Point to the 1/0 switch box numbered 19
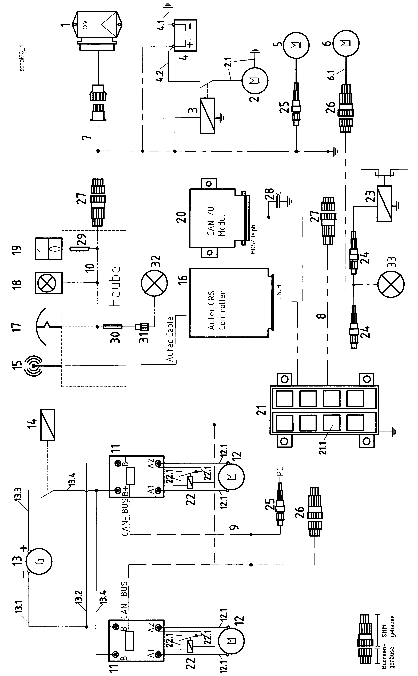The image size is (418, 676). click(49, 248)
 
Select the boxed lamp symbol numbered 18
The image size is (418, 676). click(49, 283)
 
